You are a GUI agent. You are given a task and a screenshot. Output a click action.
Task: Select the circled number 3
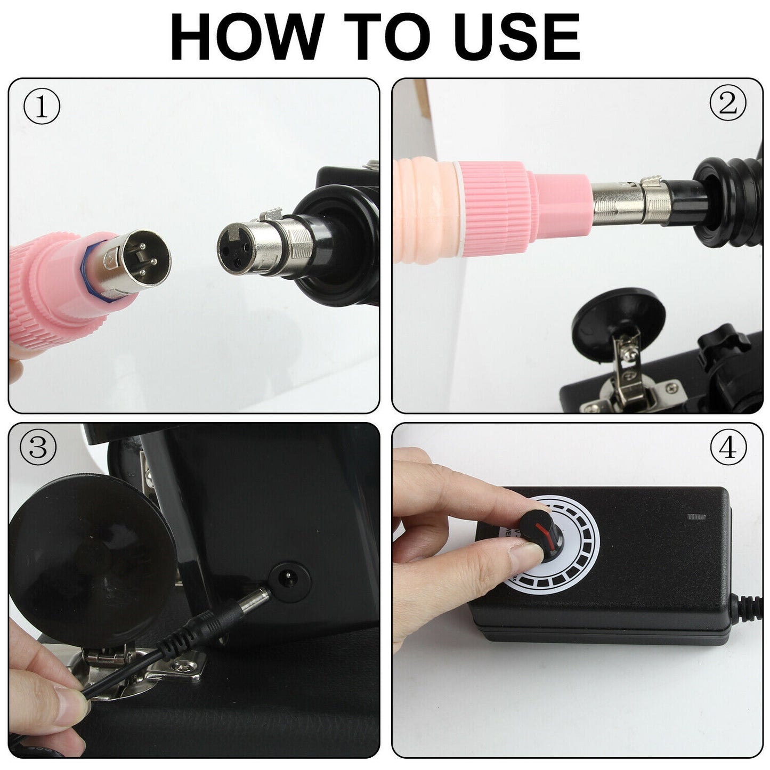tap(38, 449)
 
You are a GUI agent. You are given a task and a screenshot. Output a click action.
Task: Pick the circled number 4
tap(728, 449)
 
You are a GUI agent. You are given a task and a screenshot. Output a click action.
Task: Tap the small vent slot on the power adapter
tap(696, 516)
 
